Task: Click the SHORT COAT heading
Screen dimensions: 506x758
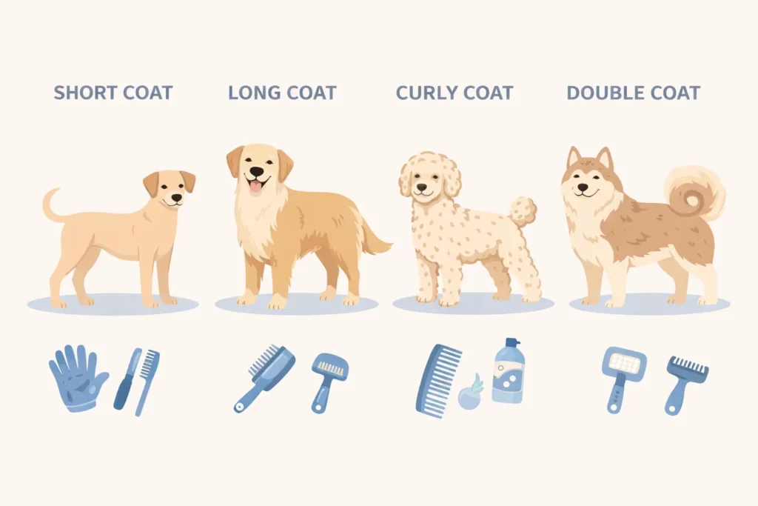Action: pos(113,93)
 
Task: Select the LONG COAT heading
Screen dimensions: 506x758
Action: pos(282,93)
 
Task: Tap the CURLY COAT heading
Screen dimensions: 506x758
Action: pos(455,93)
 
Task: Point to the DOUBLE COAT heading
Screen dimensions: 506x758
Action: pos(633,93)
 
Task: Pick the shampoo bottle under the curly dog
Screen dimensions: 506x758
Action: pos(508,372)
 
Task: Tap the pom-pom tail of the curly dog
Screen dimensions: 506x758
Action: pos(523,210)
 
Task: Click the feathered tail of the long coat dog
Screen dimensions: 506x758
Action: pos(373,239)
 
